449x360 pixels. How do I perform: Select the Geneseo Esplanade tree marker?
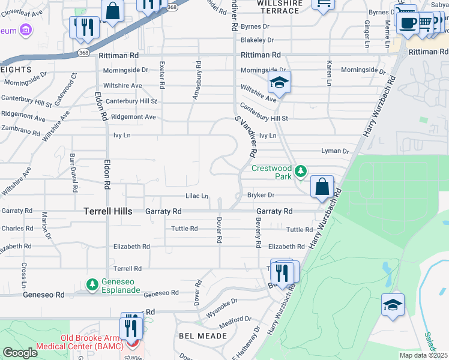(92, 283)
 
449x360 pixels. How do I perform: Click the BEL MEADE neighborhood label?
(203, 336)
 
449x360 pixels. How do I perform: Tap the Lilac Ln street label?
(197, 196)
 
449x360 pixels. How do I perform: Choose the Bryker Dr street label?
(261, 195)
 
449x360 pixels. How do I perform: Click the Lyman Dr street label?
(335, 151)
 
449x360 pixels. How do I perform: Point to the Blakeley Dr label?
(257, 40)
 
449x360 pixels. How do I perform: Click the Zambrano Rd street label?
(19, 129)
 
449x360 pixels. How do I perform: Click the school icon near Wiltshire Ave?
(279, 82)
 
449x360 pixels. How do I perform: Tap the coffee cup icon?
(408, 23)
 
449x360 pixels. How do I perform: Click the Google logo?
(20, 353)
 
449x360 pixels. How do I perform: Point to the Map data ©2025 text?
(423, 355)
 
